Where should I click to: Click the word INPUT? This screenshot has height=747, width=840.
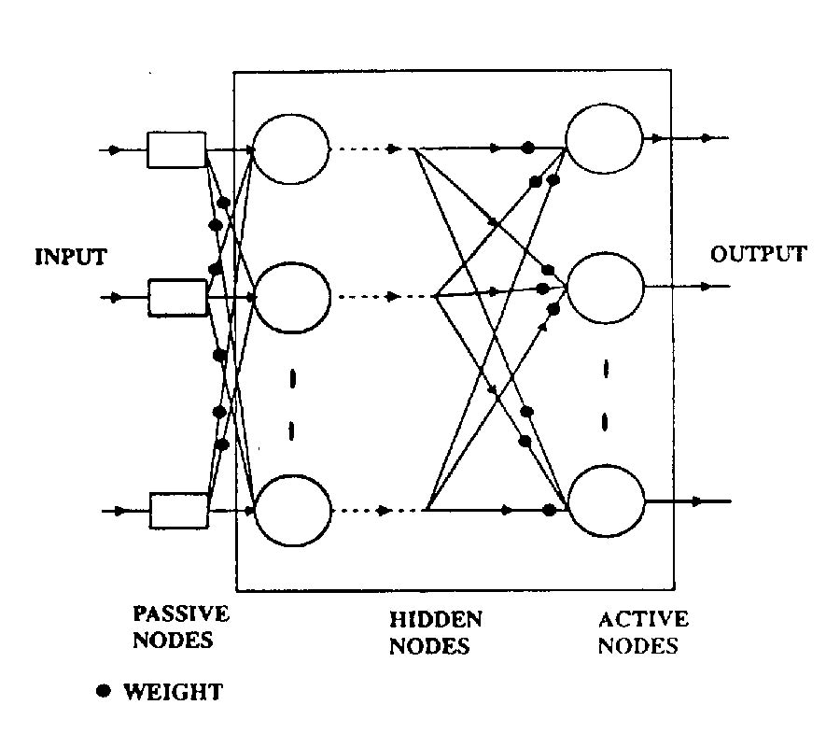click(x=71, y=257)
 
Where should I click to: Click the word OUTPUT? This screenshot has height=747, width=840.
click(x=759, y=254)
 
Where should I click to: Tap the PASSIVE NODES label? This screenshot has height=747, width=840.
click(x=181, y=627)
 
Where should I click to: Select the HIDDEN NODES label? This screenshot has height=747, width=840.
click(x=435, y=631)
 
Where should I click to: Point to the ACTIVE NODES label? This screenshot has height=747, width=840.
click(x=643, y=631)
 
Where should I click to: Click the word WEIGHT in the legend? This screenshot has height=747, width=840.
click(x=174, y=692)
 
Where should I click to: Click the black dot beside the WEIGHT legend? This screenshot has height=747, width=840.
click(x=105, y=691)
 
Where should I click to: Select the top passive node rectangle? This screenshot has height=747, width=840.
click(x=176, y=149)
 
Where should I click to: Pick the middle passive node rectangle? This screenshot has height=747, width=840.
click(x=177, y=298)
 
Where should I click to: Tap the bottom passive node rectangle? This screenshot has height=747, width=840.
click(x=178, y=511)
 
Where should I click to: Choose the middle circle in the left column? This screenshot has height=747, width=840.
click(x=292, y=298)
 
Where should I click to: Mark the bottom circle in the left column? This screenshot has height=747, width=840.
click(x=293, y=511)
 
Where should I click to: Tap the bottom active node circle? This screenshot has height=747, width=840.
click(x=608, y=502)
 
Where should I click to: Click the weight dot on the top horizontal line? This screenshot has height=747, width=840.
click(x=527, y=148)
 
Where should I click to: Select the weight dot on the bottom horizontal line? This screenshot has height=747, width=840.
click(x=549, y=510)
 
